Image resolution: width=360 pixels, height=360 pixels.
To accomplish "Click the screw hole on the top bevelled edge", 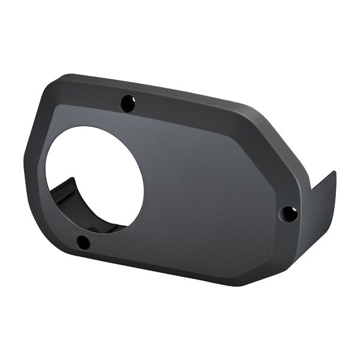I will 127,103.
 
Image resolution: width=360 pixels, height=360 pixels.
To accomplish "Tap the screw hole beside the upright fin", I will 289,213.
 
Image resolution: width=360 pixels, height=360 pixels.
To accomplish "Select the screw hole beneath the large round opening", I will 83,242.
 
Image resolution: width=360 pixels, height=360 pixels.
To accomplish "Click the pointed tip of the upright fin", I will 334,172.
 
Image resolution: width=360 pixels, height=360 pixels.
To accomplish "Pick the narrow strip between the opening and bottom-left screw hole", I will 90,231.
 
